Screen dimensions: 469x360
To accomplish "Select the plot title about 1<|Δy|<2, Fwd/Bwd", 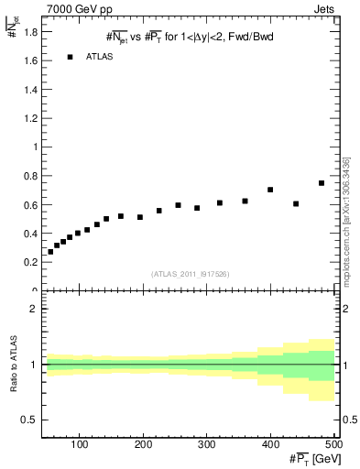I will [190, 38].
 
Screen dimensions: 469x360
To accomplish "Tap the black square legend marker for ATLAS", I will [70, 57].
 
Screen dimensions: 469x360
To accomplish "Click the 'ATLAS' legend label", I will [99, 57].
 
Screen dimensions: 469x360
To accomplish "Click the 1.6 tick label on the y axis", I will [28, 60].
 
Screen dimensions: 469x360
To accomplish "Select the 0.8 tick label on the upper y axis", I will [28, 175].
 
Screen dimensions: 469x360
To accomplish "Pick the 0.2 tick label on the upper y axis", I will [28, 262].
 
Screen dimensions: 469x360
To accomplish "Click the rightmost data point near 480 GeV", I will [322, 183].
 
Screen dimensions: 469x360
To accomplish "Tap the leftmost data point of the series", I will [50, 251].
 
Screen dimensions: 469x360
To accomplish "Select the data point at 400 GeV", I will [270, 190].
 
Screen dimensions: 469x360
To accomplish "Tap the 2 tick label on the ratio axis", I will [32, 310].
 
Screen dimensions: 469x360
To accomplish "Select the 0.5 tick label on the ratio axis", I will [28, 420].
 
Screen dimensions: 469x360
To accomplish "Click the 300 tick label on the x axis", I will [207, 444].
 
